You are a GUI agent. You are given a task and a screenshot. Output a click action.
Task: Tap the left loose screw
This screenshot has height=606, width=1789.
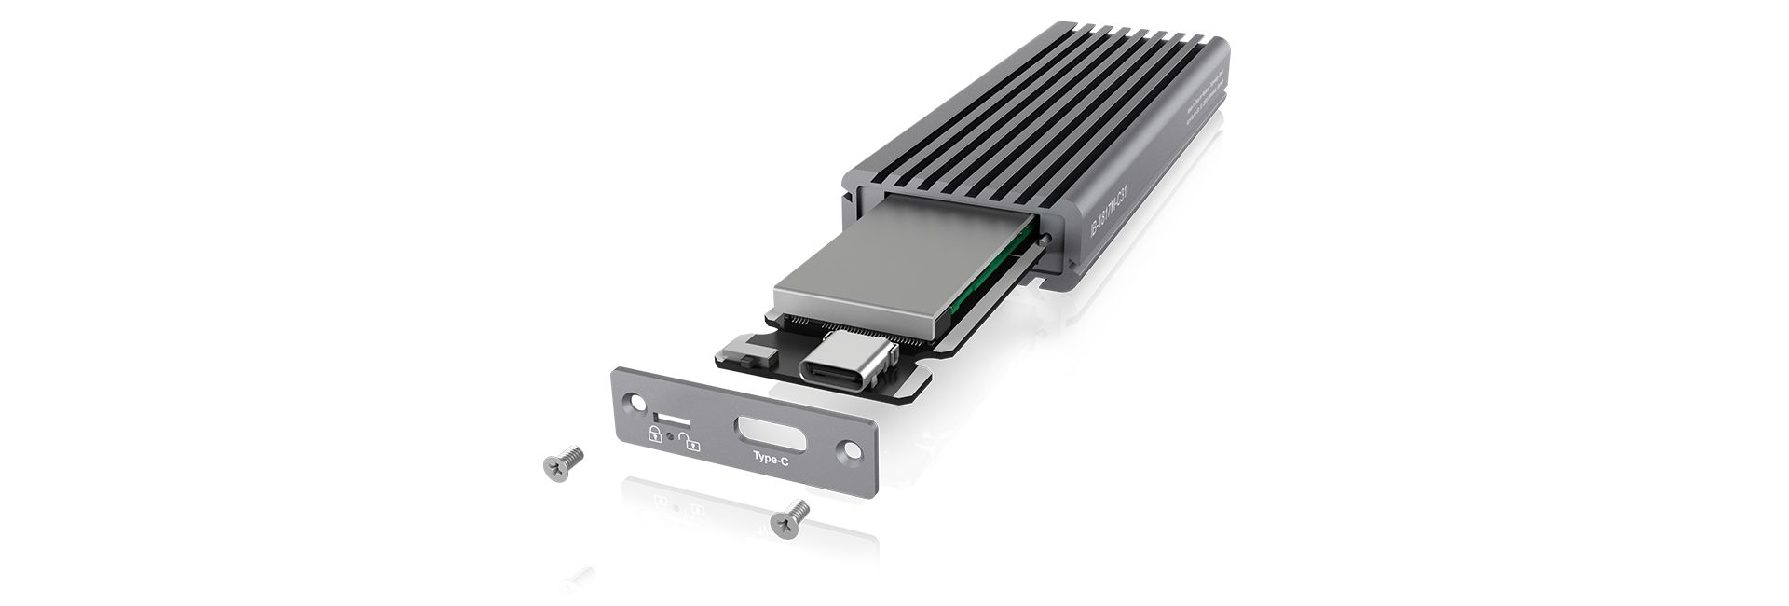coord(562,462)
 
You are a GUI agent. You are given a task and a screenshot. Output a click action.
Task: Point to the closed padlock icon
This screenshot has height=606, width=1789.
coord(654,434)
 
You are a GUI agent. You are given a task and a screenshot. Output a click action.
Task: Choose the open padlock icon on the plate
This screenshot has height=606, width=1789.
coord(690,441)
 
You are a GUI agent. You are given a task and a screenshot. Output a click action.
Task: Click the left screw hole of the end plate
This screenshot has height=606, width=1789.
coord(636,403)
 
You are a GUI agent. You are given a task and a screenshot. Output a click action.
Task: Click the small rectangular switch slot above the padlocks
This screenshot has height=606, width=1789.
coord(665,414)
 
